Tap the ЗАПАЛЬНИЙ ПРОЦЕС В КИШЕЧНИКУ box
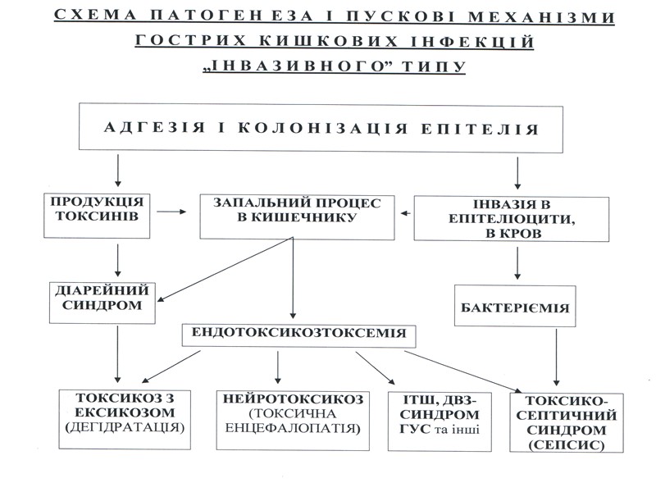click(x=296, y=212)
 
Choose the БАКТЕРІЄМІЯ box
click(x=514, y=310)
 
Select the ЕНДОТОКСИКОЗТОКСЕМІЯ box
click(x=299, y=335)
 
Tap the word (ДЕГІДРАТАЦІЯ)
click(x=126, y=427)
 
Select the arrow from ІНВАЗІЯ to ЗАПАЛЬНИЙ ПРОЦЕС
click(x=406, y=213)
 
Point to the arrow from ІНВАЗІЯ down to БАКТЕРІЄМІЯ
click(x=517, y=263)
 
